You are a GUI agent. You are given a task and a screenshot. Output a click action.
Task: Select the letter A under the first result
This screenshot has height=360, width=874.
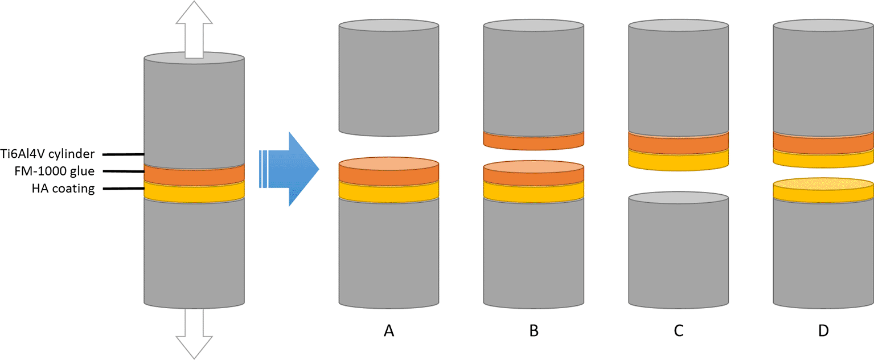(388, 330)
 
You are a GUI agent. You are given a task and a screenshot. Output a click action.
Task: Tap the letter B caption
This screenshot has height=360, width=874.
(534, 330)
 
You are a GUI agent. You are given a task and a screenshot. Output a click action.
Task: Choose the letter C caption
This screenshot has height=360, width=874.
(678, 330)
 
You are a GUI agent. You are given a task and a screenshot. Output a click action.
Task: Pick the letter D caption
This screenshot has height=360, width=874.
(823, 330)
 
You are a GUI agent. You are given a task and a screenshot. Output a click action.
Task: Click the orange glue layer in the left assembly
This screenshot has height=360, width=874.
(194, 174)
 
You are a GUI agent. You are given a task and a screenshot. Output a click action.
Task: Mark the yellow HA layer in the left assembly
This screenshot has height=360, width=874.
(194, 191)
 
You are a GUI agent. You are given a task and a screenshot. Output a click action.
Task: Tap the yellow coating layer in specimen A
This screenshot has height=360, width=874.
(388, 193)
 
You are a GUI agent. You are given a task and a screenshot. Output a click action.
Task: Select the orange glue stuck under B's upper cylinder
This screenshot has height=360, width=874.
(534, 140)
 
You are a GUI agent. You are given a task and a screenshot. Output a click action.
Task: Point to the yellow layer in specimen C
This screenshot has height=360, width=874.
(678, 159)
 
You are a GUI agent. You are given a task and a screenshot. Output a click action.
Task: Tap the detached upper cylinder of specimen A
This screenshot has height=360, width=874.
(388, 80)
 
